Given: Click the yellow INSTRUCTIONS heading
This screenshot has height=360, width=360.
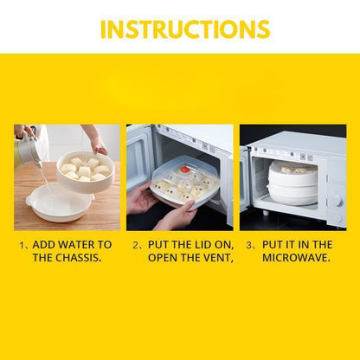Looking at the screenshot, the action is [185, 29].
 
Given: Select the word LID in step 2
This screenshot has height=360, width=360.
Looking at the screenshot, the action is [202, 245].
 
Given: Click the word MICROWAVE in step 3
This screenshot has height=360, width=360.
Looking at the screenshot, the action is [296, 258].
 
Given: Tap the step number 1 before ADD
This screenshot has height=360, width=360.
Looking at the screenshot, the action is [22, 245].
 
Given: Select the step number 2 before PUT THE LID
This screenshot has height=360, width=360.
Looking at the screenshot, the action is [136, 245].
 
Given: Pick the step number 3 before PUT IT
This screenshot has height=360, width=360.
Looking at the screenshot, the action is [249, 245].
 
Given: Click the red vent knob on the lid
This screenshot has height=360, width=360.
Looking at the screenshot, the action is [185, 169].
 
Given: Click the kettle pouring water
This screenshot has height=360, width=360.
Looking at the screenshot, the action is [28, 149].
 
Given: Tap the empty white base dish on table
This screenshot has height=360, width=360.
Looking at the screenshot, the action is [60, 202].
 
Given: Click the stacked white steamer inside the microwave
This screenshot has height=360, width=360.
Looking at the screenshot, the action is [293, 183].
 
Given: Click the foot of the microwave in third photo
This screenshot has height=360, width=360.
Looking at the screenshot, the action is [265, 213].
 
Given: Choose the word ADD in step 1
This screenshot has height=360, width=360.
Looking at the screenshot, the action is [43, 245].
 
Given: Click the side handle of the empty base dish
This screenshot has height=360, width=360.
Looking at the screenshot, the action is [29, 201].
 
